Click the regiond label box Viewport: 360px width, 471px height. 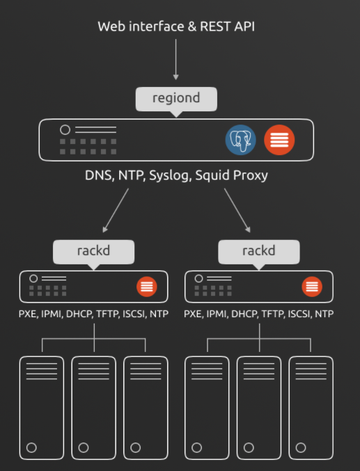pyautogui.click(x=176, y=99)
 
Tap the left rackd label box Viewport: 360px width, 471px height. pyautogui.click(x=93, y=252)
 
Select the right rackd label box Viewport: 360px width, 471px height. pyautogui.click(x=259, y=252)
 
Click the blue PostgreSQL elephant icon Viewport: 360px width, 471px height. pyautogui.click(x=241, y=140)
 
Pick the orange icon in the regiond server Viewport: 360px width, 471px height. pyautogui.click(x=279, y=140)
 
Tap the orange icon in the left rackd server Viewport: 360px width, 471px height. pyautogui.click(x=147, y=287)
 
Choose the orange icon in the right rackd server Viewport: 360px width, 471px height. pyautogui.click(x=312, y=287)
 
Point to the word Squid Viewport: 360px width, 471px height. pyautogui.click(x=212, y=176)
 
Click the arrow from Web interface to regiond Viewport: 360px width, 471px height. pyautogui.click(x=176, y=59)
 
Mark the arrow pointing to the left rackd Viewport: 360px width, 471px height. pyautogui.click(x=116, y=210)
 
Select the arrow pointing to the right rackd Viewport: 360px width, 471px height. pyautogui.click(x=237, y=210)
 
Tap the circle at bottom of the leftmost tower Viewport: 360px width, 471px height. pyautogui.click(x=31, y=447)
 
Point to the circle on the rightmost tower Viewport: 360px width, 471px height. pyautogui.click(x=301, y=447)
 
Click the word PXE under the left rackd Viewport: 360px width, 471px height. pyautogui.click(x=28, y=314)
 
